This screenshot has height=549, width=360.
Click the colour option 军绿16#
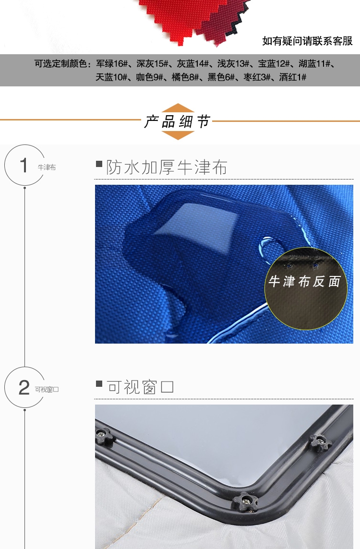(112, 64)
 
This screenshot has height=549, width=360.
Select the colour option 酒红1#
(293, 77)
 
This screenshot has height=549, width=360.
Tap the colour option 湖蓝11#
(314, 64)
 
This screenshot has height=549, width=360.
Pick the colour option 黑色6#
(221, 77)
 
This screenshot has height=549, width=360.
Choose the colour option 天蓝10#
(111, 77)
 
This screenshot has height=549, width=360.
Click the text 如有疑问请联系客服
(308, 41)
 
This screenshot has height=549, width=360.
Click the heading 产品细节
(177, 122)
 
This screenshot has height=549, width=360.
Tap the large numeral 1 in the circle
(24, 165)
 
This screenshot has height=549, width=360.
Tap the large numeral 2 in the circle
(24, 387)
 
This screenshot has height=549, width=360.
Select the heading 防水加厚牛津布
(167, 167)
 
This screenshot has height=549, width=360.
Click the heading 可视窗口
(140, 387)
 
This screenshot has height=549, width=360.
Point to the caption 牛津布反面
(304, 281)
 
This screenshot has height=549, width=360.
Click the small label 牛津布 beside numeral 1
(47, 167)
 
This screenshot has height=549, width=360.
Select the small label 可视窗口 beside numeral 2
(47, 389)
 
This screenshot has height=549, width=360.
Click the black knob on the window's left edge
(104, 436)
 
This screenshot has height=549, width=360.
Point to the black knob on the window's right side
(321, 442)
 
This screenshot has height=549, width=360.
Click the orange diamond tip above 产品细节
(178, 104)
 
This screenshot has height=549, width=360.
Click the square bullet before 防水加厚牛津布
(99, 164)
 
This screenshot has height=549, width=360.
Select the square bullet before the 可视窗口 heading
(99, 384)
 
